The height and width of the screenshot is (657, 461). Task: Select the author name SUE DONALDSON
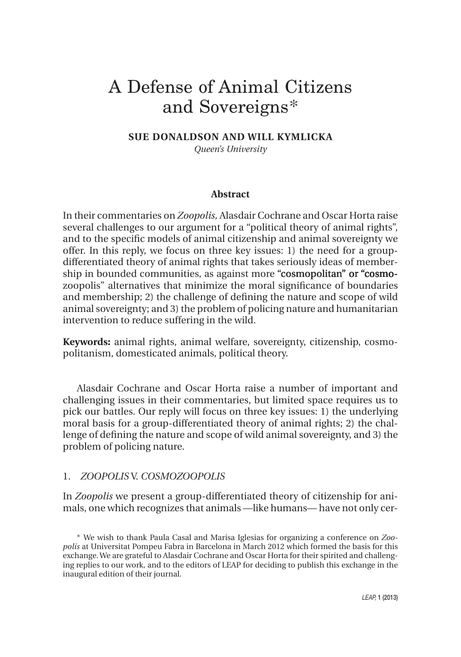click(174, 137)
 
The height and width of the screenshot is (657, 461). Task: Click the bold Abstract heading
click(230, 194)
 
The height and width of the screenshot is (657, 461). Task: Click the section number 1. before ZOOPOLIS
click(67, 476)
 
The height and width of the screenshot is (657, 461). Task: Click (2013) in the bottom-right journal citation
click(390, 598)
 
